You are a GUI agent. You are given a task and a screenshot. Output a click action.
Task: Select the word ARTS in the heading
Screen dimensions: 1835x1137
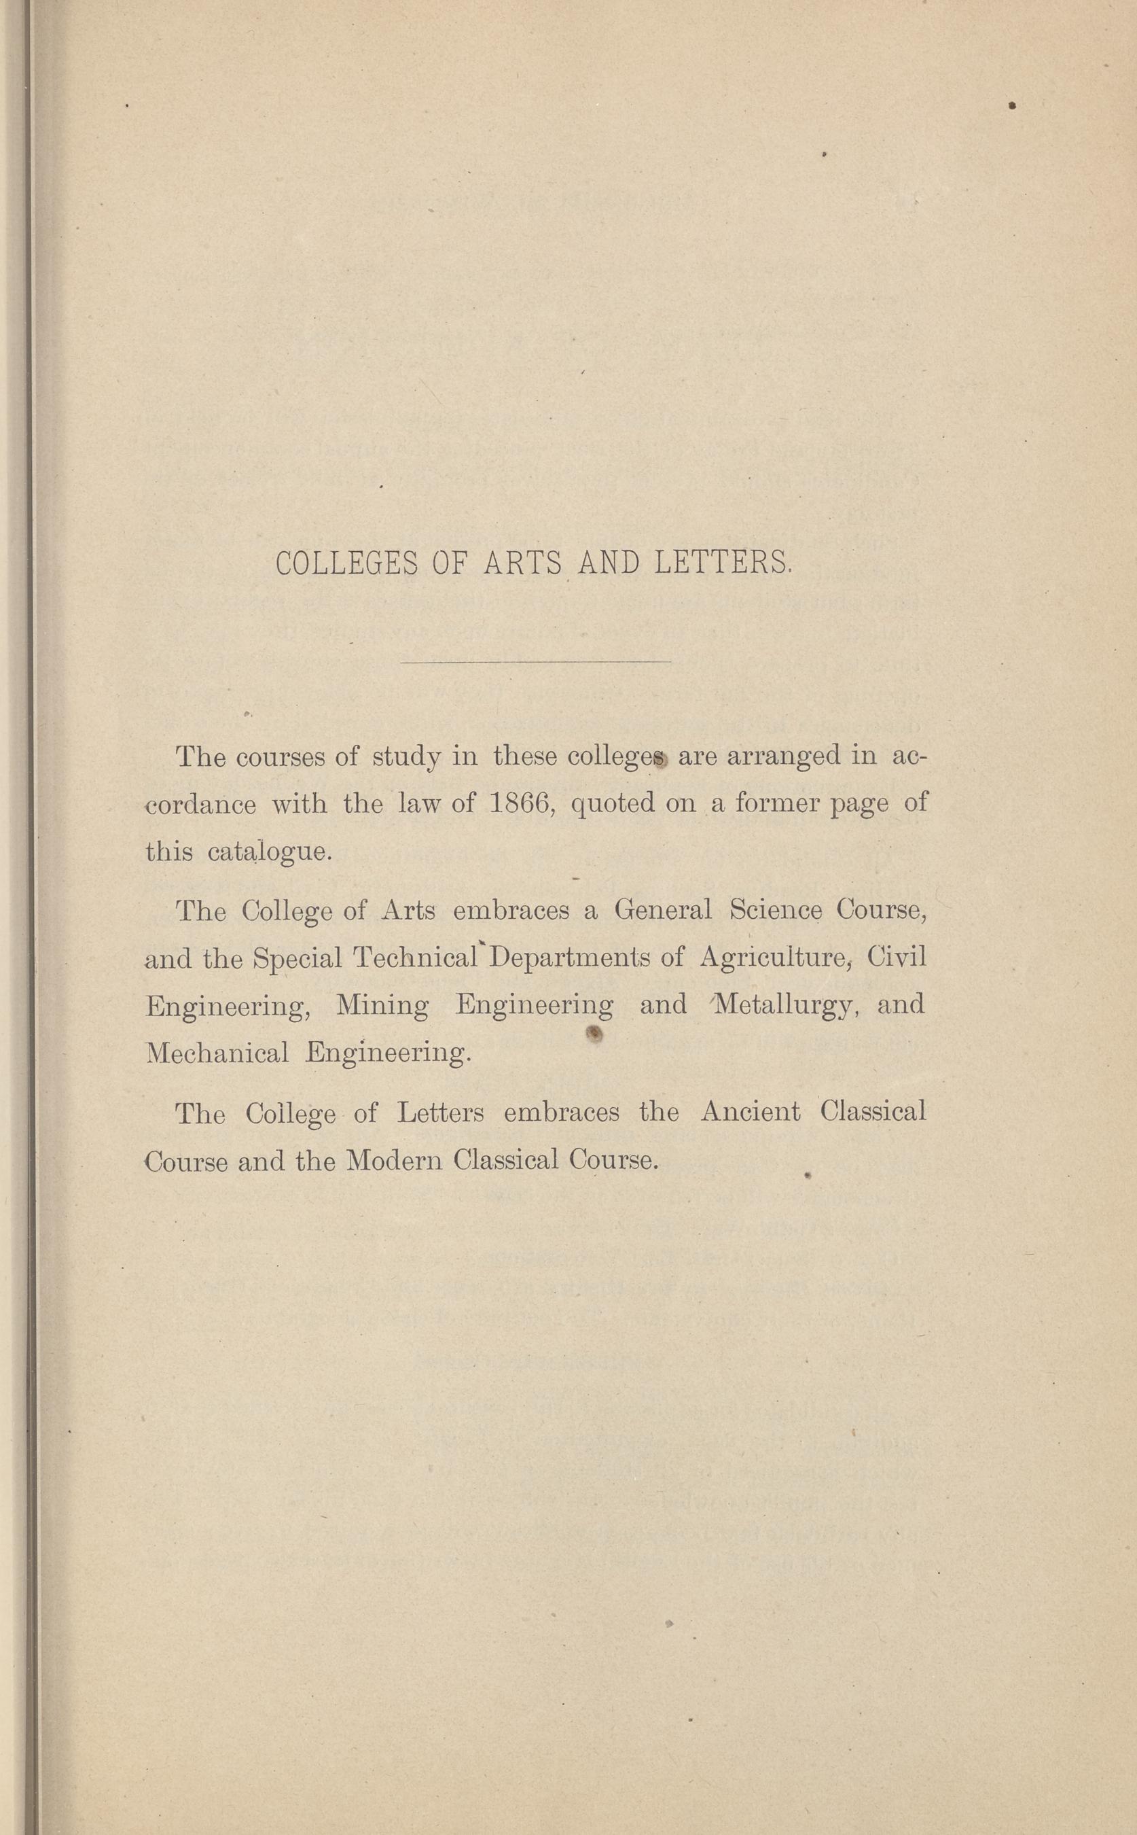pos(524,564)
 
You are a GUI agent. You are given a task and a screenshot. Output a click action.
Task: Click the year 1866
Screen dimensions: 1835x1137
pos(522,804)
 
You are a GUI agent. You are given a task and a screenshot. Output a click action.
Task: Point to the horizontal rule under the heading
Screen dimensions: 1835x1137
pos(535,662)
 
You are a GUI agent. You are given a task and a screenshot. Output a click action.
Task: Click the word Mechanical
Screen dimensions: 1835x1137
pos(217,1053)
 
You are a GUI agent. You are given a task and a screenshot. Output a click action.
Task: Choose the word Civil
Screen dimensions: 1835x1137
pos(897,957)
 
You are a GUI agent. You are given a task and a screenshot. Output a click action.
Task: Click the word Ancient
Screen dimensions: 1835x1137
pos(750,1111)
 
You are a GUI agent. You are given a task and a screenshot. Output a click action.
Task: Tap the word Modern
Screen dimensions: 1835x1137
pos(394,1161)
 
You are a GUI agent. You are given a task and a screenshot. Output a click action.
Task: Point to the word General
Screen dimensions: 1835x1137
pos(662,910)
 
